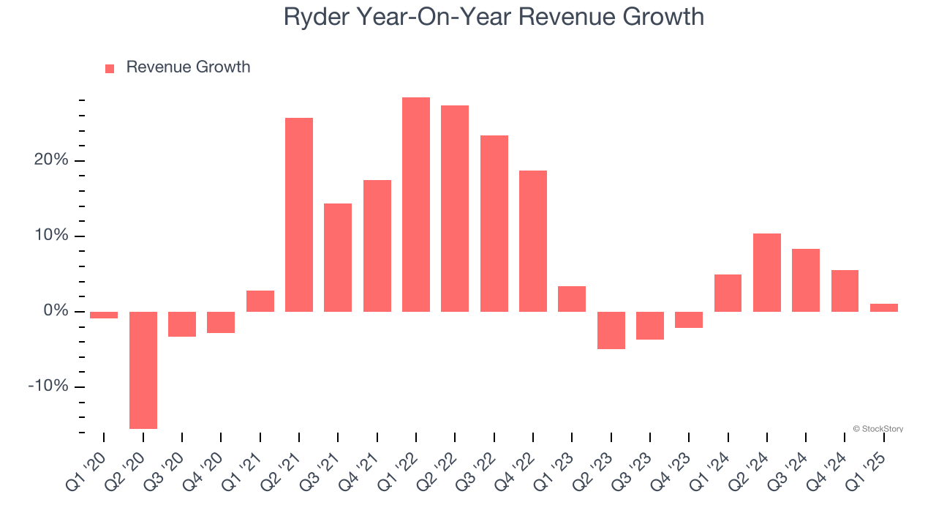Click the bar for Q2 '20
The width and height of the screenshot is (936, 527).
click(x=143, y=370)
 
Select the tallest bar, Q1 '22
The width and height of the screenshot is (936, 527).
click(x=416, y=205)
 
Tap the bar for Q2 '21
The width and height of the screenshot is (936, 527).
click(x=299, y=214)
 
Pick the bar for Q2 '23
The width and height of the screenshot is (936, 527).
click(x=611, y=330)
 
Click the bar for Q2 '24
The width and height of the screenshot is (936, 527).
click(x=767, y=272)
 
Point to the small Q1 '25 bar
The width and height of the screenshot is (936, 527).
click(x=884, y=307)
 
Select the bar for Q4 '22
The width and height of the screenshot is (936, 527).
click(x=533, y=241)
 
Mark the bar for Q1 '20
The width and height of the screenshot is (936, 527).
click(x=104, y=315)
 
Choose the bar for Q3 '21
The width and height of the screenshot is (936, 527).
click(x=338, y=258)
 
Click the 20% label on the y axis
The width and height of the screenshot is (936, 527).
click(x=50, y=160)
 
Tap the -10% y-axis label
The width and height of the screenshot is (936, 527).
click(x=48, y=386)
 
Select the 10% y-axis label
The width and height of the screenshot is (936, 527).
click(x=50, y=236)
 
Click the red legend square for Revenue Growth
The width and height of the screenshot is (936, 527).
click(x=110, y=69)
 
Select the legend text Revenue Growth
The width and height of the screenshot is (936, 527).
click(x=188, y=67)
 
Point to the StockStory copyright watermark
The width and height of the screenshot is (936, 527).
click(x=878, y=429)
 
